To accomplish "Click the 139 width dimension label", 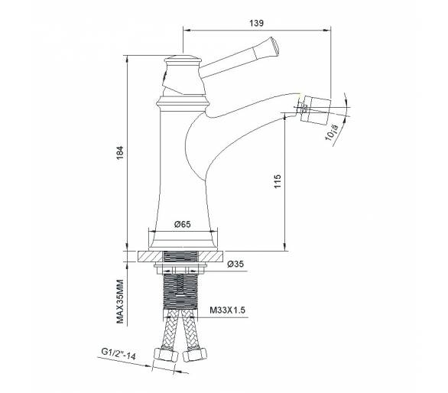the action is tap(257, 23).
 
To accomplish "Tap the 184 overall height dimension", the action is tap(120, 153).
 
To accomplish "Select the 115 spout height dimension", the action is tap(278, 181).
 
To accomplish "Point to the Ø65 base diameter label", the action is tap(182, 224).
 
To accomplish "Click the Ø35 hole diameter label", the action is tap(235, 264).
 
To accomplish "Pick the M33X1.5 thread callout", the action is tap(227, 310).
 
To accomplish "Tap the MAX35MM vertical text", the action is tap(120, 301).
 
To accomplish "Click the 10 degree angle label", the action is tap(332, 132).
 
